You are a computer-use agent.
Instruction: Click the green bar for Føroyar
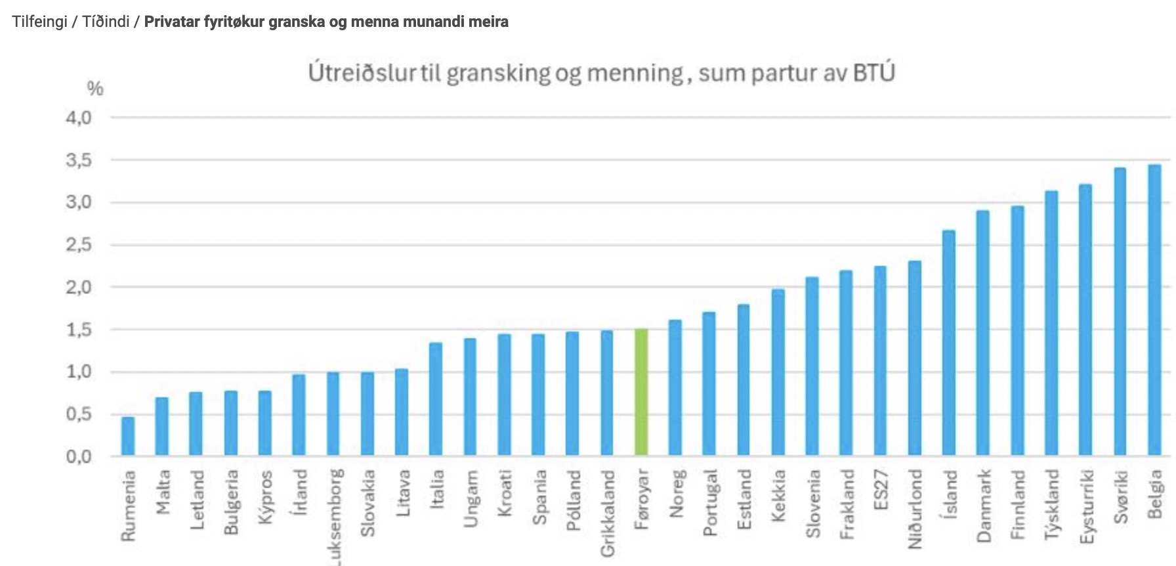(x=641, y=392)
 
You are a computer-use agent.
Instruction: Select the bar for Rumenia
(x=128, y=436)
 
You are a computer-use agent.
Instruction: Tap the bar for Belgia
(x=1154, y=310)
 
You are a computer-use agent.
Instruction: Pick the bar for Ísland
(x=949, y=343)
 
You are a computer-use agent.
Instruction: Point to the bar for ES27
(x=880, y=360)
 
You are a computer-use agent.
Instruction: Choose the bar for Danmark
(x=983, y=333)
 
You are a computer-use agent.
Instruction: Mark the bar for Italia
(x=436, y=399)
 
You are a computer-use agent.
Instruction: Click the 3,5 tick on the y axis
(x=79, y=161)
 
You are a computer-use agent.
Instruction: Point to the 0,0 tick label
(x=79, y=456)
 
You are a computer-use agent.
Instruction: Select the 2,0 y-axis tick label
(x=79, y=288)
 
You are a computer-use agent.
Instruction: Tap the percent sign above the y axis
(x=95, y=89)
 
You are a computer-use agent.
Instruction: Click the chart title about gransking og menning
(x=601, y=73)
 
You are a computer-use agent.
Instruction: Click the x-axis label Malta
(x=163, y=492)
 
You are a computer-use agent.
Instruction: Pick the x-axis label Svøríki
(x=1120, y=496)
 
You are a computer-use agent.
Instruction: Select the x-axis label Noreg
(x=676, y=493)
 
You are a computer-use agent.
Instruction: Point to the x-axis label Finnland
(x=1017, y=504)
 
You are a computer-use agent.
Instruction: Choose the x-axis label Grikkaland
(x=608, y=513)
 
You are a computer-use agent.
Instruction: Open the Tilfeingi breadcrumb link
(x=39, y=22)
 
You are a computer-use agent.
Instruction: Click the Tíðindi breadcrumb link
(x=106, y=22)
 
